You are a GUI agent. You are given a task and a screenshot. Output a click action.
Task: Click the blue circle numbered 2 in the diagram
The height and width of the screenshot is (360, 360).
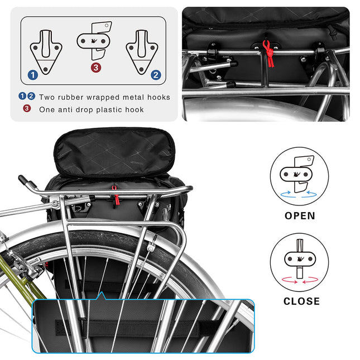coord(156,74)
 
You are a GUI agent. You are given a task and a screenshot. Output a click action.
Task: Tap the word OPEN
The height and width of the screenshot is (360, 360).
coord(300,215)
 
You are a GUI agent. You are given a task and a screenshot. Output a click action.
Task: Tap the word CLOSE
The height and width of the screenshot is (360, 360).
coord(301,301)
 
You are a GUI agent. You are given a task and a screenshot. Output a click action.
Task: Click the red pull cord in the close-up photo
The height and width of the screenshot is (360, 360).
coord(270,54)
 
